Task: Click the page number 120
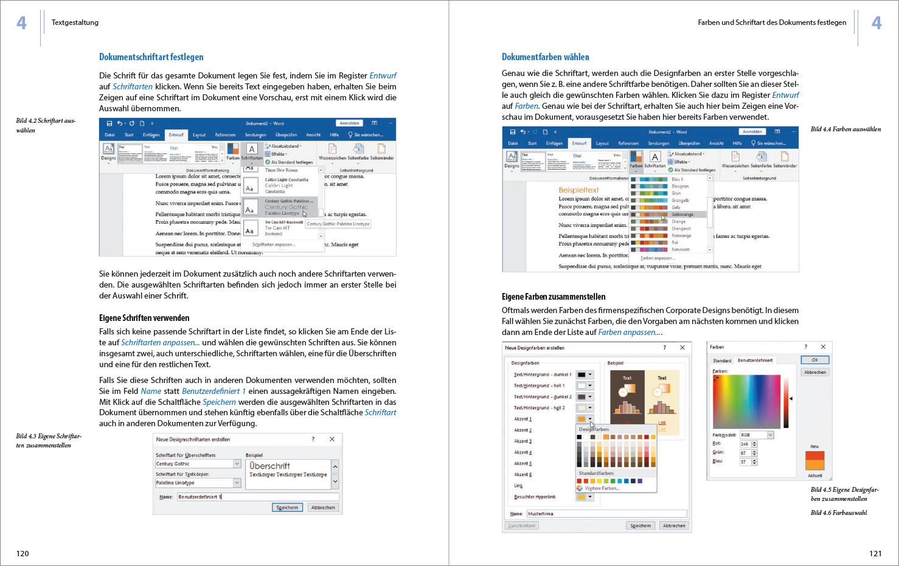tap(23, 553)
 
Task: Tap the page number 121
tap(875, 553)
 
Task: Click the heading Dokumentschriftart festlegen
tap(151, 57)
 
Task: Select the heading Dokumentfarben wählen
tap(545, 57)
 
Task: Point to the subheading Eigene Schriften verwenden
tap(144, 318)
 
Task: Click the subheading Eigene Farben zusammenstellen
tap(554, 297)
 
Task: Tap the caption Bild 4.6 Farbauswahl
tap(839, 513)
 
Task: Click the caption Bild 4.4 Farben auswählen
tap(845, 129)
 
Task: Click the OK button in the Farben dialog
tap(814, 360)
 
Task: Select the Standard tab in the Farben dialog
tap(722, 361)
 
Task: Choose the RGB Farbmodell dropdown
tap(756, 435)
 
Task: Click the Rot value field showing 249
tap(745, 444)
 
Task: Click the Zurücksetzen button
tap(521, 525)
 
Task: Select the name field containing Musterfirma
tap(605, 514)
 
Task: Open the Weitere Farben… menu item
tap(602, 488)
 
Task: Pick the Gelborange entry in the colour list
tap(682, 214)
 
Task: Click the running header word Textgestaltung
tap(75, 22)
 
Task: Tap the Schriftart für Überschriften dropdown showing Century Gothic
tap(198, 464)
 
